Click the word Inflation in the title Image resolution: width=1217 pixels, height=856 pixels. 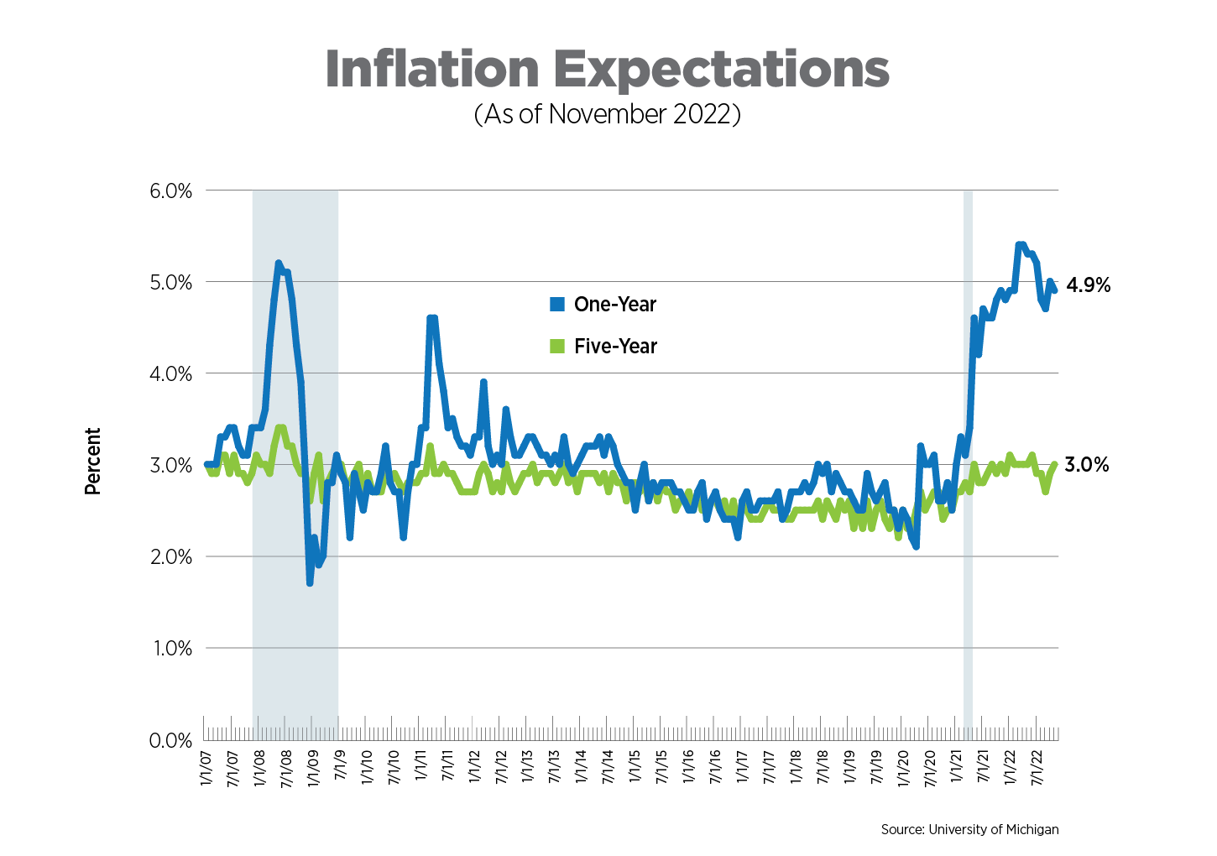pos(431,69)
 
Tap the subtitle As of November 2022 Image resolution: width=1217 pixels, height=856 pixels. pos(607,114)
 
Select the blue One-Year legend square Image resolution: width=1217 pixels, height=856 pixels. pos(557,305)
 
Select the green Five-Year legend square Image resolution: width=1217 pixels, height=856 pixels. pos(557,346)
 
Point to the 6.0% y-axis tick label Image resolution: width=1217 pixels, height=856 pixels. pos(170,191)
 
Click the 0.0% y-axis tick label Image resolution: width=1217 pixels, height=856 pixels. pos(170,741)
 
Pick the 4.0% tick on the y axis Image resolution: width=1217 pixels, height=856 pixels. pos(170,374)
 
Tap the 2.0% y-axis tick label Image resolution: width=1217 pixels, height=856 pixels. pos(170,557)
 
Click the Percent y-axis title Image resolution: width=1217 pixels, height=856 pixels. pos(92,461)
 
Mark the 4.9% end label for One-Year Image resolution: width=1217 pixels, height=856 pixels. pos(1088,285)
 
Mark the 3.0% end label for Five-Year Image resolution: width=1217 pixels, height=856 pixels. pos(1086,465)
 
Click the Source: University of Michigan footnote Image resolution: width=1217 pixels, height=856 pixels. pos(969,829)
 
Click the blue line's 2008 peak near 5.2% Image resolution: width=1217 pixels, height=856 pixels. pos(278,264)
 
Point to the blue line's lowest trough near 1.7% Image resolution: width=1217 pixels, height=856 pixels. pos(310,582)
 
